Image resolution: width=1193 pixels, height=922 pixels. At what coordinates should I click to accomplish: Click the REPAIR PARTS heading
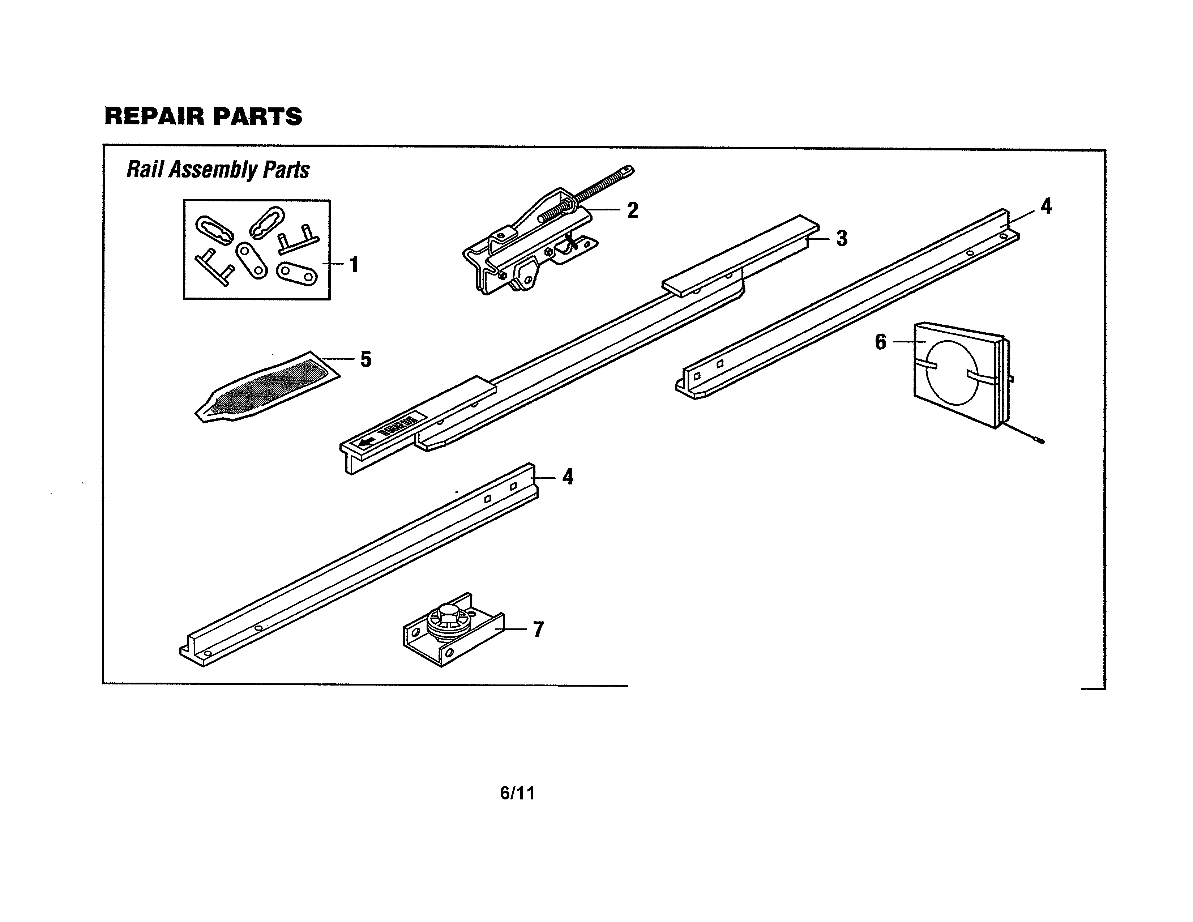click(203, 116)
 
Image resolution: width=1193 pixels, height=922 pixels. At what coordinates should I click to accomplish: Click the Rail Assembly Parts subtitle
click(218, 170)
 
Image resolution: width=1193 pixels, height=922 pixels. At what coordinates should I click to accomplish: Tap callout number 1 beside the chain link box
click(354, 265)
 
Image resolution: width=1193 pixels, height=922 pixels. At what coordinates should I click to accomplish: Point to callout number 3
click(842, 239)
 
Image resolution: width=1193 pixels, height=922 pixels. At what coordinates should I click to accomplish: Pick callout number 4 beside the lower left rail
click(568, 477)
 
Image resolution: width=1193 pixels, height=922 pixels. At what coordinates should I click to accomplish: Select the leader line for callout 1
click(333, 264)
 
